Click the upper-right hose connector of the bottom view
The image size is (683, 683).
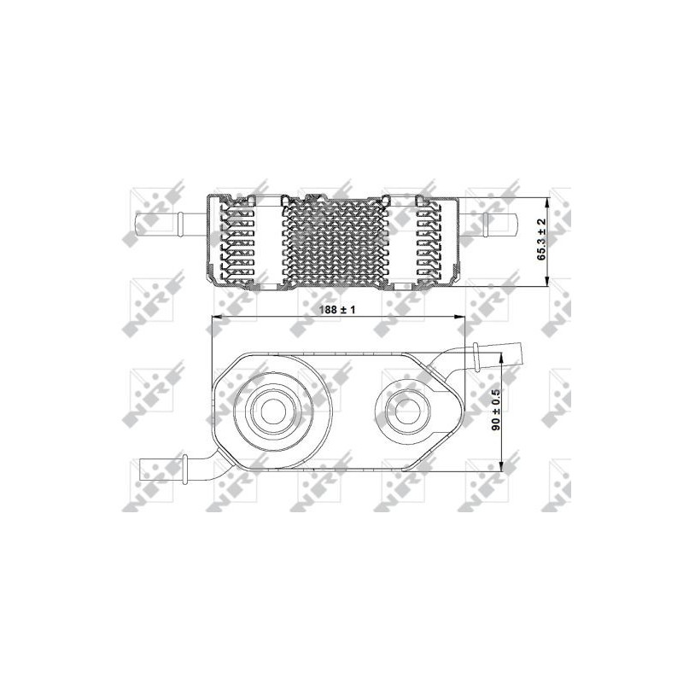tap(499, 352)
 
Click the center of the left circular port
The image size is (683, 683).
tap(272, 412)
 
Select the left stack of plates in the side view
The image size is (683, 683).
tap(239, 240)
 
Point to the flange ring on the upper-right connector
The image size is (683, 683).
tap(476, 352)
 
